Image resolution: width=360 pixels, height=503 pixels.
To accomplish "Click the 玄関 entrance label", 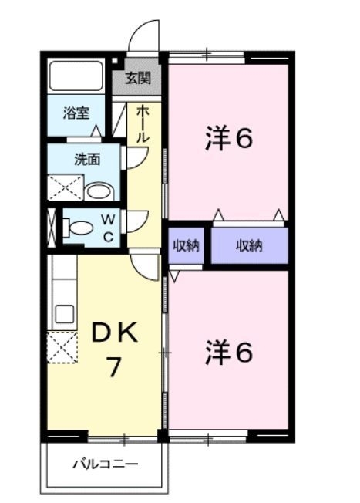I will pyautogui.click(x=140, y=78).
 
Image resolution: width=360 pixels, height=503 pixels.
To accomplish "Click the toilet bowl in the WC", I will pyautogui.click(x=78, y=228).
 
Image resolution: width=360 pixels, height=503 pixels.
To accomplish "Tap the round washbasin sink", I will pyautogui.click(x=98, y=191).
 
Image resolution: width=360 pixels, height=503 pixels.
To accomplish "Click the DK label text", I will pyautogui.click(x=115, y=333).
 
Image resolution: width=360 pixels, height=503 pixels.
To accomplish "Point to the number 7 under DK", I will pyautogui.click(x=113, y=367).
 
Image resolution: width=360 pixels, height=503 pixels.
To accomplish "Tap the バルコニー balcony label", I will pyautogui.click(x=106, y=464).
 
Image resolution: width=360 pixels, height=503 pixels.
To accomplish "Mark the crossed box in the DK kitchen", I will pyautogui.click(x=62, y=346).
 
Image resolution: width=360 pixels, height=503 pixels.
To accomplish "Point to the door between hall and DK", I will pyautogui.click(x=144, y=266).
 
